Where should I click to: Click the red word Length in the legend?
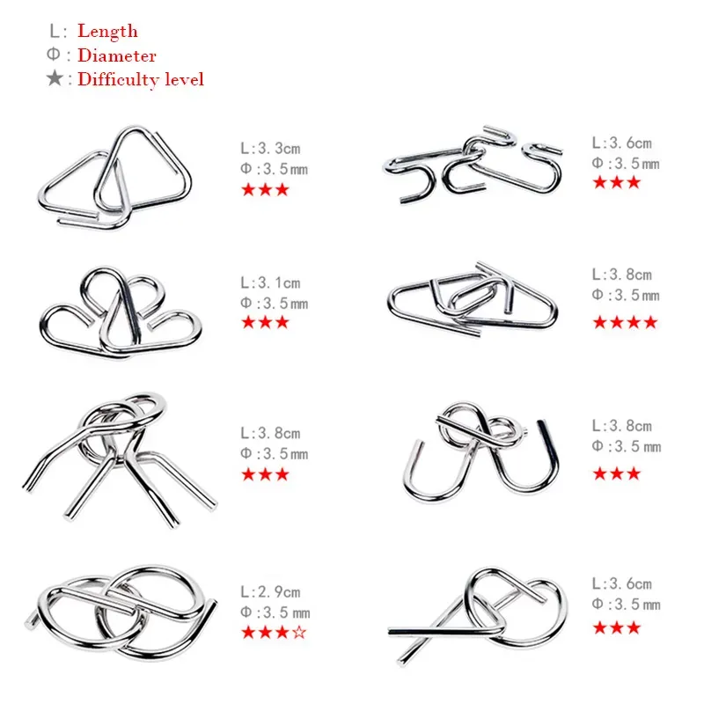click(x=107, y=31)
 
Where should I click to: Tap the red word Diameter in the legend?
click(x=117, y=55)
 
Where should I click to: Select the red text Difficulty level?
click(x=141, y=79)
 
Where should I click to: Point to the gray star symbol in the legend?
click(x=55, y=78)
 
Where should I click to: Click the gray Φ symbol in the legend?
click(x=53, y=55)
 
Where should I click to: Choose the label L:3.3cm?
click(x=270, y=148)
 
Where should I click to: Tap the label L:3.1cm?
click(x=270, y=282)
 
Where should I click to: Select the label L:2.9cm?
click(x=270, y=591)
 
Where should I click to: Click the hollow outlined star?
click(x=299, y=632)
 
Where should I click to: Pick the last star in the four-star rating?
click(x=650, y=322)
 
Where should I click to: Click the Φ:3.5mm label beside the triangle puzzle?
click(x=274, y=169)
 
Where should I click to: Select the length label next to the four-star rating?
click(x=622, y=275)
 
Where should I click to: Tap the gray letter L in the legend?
click(x=55, y=31)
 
